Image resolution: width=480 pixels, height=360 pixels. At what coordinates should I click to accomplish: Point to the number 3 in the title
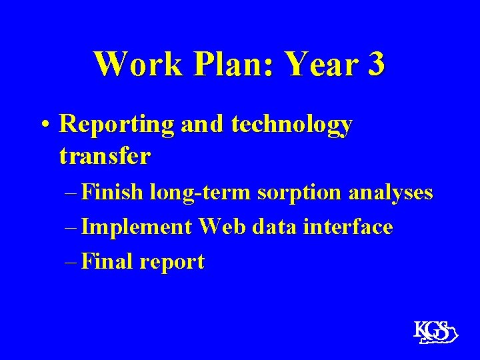(375, 65)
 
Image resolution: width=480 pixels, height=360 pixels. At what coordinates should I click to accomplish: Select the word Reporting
(117, 125)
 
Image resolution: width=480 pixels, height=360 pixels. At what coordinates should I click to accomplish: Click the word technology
(292, 125)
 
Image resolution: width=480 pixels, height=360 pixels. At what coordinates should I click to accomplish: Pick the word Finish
(114, 193)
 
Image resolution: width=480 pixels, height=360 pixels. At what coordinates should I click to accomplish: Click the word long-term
(200, 193)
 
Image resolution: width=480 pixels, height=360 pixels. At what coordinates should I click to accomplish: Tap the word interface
(347, 227)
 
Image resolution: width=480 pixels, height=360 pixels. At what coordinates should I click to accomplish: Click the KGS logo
(433, 331)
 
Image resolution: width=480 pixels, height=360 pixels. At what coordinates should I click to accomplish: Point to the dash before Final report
(72, 261)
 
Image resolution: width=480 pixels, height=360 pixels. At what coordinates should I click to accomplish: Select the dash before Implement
(72, 227)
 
